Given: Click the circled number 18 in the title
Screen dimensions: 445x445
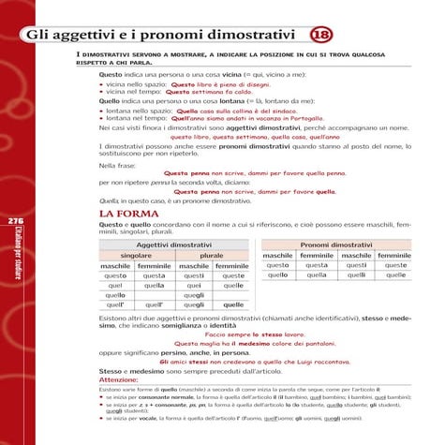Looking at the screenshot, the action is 319,36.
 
